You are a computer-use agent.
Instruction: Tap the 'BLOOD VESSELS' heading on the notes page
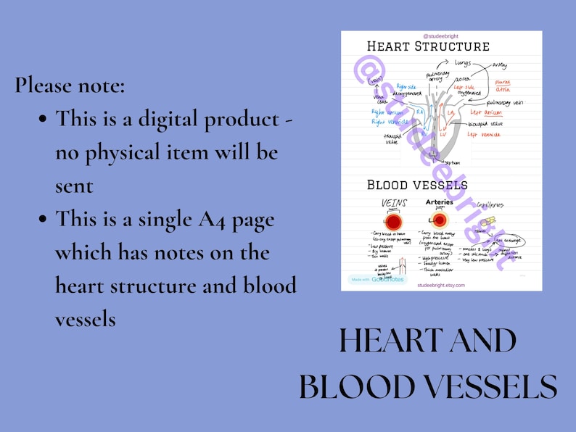(417, 185)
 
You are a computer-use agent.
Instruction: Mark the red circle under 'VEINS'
(394, 220)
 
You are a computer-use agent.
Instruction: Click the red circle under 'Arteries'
(440, 219)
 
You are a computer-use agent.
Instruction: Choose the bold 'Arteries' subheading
(440, 202)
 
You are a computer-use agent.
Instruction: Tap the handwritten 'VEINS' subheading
(394, 204)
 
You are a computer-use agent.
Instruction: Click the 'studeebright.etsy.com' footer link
(441, 286)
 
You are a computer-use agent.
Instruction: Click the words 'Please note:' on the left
(70, 85)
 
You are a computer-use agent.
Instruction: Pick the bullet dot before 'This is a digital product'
(44, 118)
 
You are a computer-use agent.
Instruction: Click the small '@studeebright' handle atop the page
(440, 36)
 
